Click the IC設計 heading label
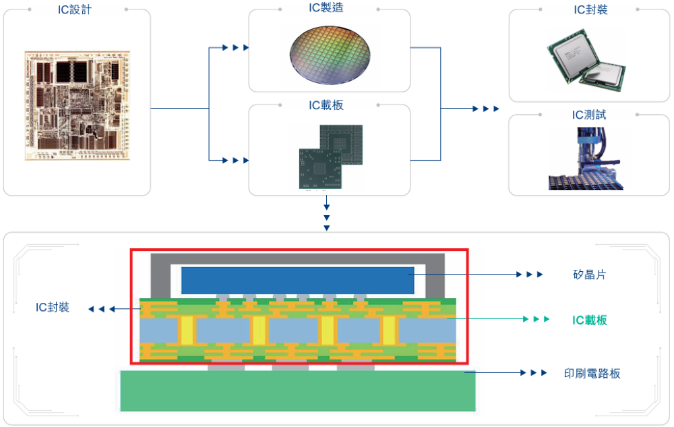[75, 9]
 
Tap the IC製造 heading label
[326, 7]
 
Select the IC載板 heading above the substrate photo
[326, 105]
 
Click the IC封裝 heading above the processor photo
[590, 9]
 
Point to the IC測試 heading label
[589, 115]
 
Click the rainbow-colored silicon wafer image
[330, 54]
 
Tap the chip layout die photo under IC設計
[78, 106]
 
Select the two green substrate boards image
[331, 157]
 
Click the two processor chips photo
[586, 60]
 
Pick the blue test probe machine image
[586, 159]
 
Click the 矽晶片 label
[589, 275]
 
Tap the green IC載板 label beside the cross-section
[589, 320]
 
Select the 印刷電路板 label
[592, 373]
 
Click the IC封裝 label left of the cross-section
[53, 307]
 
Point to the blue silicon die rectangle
[297, 281]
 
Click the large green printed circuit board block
[298, 391]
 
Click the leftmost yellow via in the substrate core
[187, 330]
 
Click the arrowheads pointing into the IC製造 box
[235, 47]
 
